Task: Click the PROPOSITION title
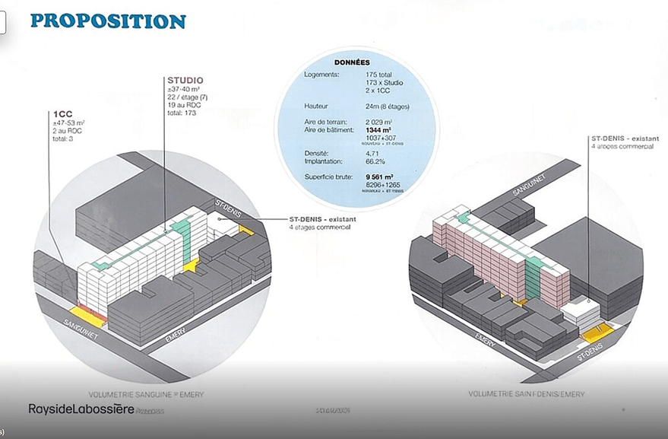tap(108, 21)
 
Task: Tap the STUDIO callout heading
tap(185, 80)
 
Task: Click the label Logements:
tap(322, 75)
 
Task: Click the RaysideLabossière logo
tap(81, 409)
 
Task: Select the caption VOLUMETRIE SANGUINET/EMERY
tap(147, 395)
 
